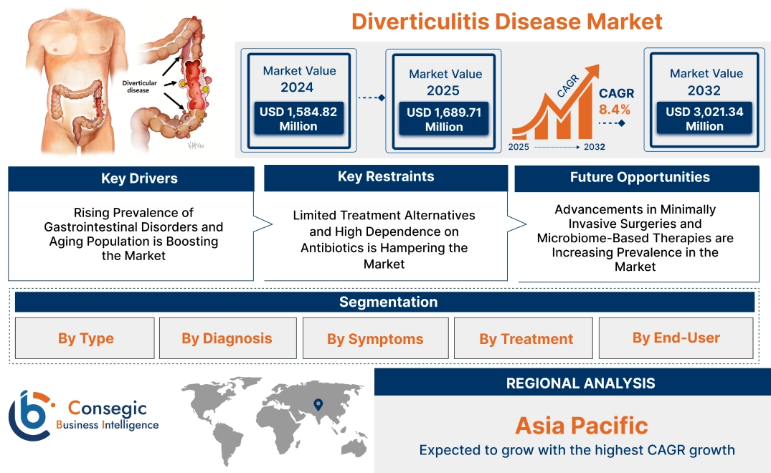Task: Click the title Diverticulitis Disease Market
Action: tap(506, 21)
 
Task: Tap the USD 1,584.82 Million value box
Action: tap(298, 119)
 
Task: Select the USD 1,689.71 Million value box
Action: tap(444, 120)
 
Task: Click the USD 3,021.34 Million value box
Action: tap(704, 119)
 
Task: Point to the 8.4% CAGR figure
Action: tap(615, 110)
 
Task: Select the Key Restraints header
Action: tap(386, 177)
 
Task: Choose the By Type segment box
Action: tap(86, 338)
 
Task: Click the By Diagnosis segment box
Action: tap(227, 338)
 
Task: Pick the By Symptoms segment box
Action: tap(375, 339)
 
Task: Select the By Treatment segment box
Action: tap(526, 339)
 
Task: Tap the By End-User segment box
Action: tap(676, 338)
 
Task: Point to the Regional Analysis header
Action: tap(580, 383)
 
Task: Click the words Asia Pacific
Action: tap(581, 426)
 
